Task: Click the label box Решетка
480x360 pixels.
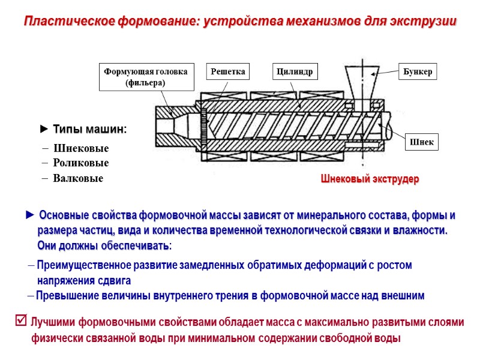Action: (228, 72)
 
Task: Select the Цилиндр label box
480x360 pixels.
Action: (295, 72)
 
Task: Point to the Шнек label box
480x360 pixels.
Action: (422, 142)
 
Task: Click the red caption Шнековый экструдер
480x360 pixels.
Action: (370, 179)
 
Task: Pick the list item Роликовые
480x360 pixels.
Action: (81, 163)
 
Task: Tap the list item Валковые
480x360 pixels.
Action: (78, 179)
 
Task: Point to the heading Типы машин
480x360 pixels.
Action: (89, 130)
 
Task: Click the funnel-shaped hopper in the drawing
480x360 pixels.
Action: (361, 81)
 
